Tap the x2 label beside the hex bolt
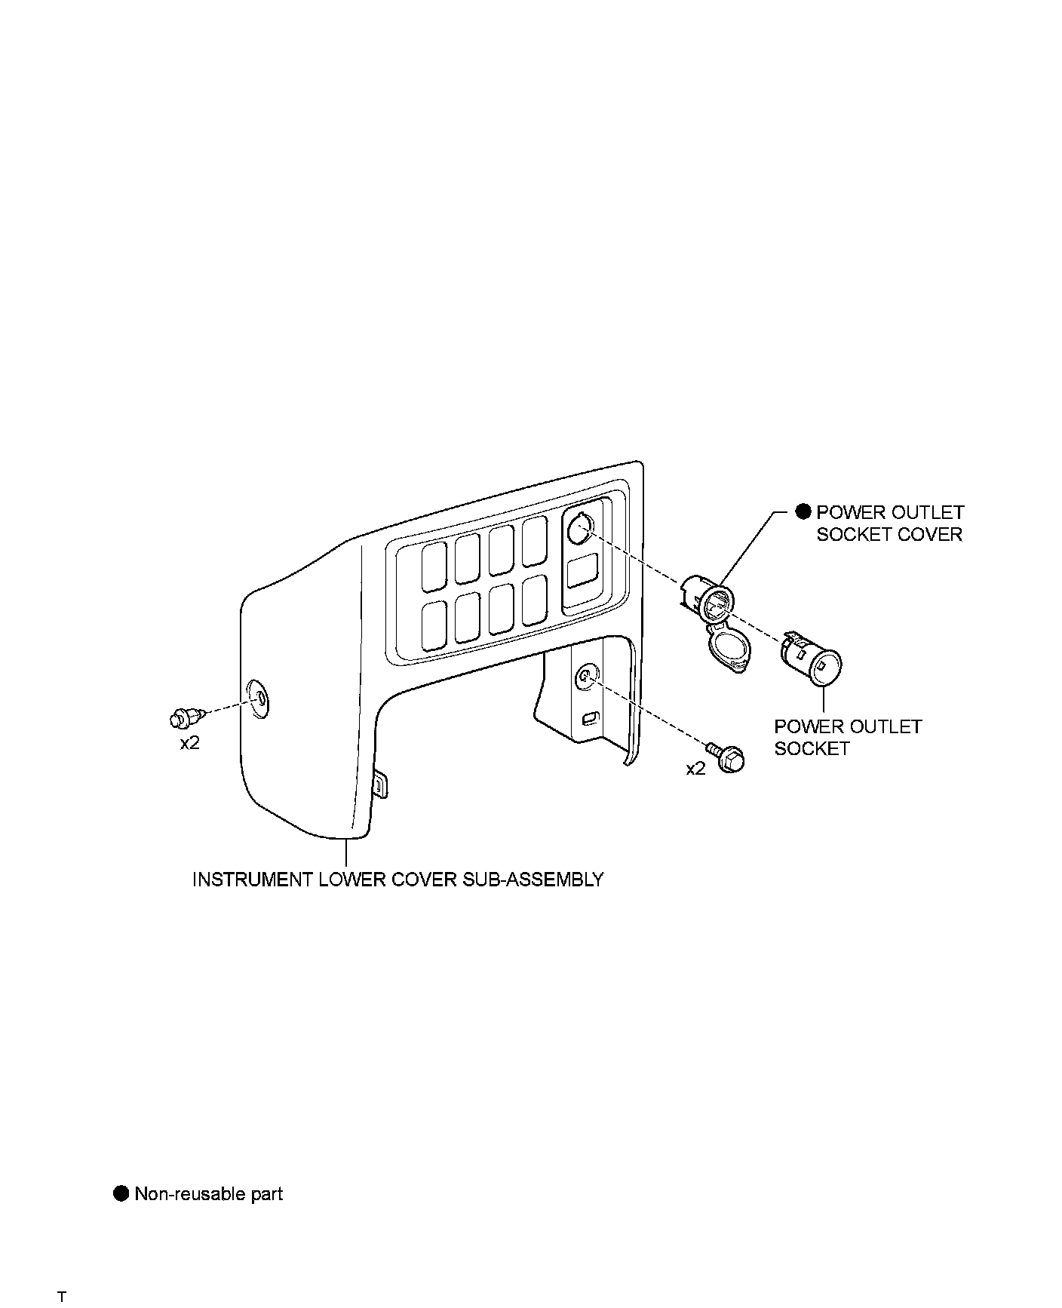pos(695,769)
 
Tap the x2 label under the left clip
pos(189,743)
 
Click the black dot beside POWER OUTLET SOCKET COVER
pos(803,512)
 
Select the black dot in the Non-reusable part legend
pos(121,1194)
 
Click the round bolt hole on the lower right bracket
pos(586,677)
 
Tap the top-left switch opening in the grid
pos(434,567)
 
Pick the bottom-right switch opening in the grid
pos(534,600)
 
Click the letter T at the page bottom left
pos(62,1276)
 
